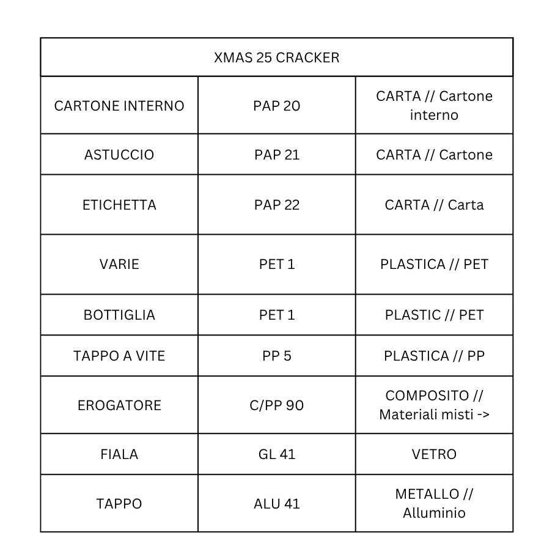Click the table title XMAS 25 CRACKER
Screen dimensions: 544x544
(276, 57)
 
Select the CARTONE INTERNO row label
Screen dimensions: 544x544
(119, 106)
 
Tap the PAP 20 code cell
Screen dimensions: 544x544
(276, 106)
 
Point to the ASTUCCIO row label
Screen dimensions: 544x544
(119, 155)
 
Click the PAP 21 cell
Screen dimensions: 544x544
(276, 155)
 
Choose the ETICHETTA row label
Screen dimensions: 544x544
(119, 205)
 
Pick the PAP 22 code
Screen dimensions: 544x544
(276, 205)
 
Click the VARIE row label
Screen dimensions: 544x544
(119, 264)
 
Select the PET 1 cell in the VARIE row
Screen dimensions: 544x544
(276, 264)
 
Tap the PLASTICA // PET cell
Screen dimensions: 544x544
(434, 264)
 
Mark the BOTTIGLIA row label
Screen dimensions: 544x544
(119, 315)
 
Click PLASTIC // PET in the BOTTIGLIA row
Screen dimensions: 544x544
(434, 315)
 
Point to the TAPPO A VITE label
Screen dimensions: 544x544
(119, 356)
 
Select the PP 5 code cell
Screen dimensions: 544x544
(276, 356)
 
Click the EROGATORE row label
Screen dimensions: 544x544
(119, 405)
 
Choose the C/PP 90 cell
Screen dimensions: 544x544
(276, 405)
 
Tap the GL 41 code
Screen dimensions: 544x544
(276, 454)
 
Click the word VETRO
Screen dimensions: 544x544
(434, 454)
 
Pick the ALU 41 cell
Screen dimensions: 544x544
(276, 504)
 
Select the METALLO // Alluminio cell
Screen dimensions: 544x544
(434, 503)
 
